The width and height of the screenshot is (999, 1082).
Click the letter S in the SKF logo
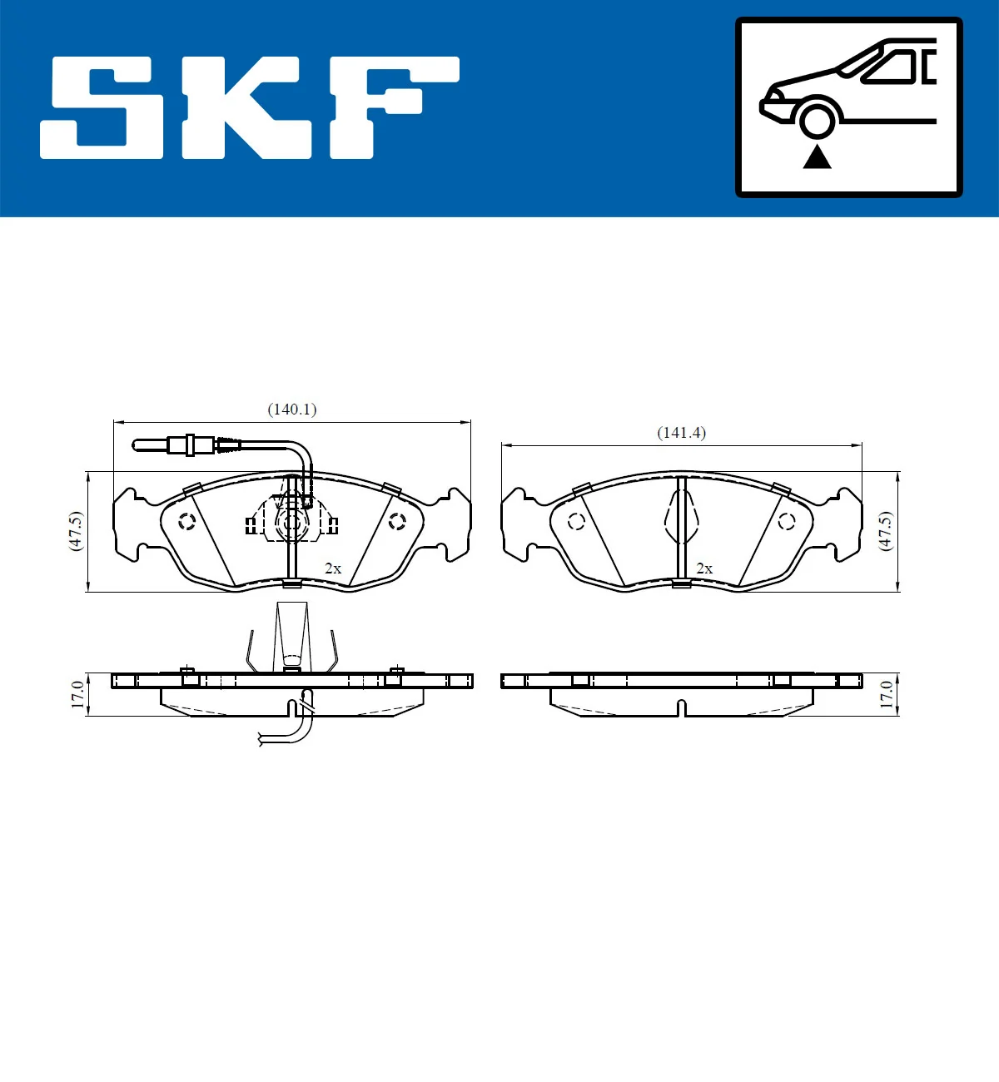[x=102, y=108]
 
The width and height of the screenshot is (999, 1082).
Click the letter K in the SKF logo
[x=246, y=108]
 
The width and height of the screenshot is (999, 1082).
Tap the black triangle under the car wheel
[x=817, y=156]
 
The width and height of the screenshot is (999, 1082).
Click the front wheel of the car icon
[x=817, y=118]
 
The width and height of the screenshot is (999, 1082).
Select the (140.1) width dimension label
[x=291, y=409]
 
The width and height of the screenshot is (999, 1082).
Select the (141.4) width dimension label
[x=681, y=433]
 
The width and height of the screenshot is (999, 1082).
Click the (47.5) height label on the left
[x=76, y=531]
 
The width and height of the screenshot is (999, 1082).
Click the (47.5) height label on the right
[x=885, y=531]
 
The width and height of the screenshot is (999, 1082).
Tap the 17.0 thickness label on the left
[x=77, y=695]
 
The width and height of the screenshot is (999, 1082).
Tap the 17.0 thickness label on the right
[x=886, y=695]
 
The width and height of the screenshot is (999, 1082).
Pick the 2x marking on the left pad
[x=332, y=568]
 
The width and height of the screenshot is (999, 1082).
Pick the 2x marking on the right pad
[x=703, y=568]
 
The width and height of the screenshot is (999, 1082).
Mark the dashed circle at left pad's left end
[x=186, y=522]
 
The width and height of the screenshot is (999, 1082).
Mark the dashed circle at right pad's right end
[x=786, y=522]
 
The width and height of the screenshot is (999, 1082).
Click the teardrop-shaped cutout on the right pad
[x=682, y=518]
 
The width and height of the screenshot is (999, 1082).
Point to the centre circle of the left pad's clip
[x=291, y=524]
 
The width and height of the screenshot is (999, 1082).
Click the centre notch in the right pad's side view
[x=682, y=708]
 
